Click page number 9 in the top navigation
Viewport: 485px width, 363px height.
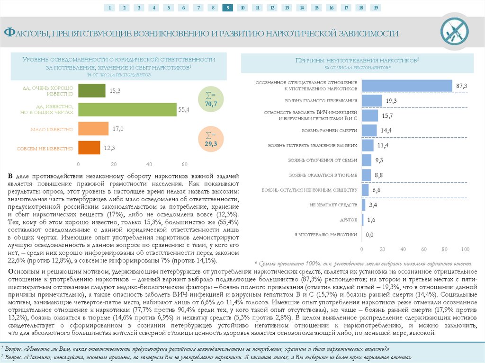pyautogui.click(x=227, y=8)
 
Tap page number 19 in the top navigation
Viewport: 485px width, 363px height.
pyautogui.click(x=375, y=8)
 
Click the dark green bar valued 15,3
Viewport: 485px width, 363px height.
pyautogui.click(x=91, y=90)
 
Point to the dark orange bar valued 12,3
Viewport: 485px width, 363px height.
pyautogui.click(x=89, y=148)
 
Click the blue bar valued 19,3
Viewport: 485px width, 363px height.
pyautogui.click(x=372, y=101)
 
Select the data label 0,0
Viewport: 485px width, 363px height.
pyautogui.click(x=369, y=235)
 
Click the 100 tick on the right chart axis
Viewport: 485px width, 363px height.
pyautogui.click(x=465, y=249)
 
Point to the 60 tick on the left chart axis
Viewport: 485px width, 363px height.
pyautogui.click(x=184, y=164)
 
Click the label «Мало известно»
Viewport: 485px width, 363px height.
pyautogui.click(x=52, y=129)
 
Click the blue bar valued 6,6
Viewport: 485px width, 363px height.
pyautogui.click(x=365, y=190)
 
